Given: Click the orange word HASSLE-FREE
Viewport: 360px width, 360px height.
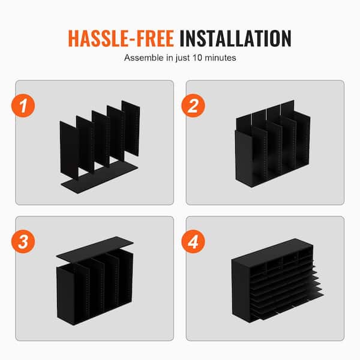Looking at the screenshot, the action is [x=121, y=38].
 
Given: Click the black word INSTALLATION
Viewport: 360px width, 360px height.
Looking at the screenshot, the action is [x=236, y=38].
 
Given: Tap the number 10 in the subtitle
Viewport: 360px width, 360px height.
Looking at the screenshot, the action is [x=197, y=58].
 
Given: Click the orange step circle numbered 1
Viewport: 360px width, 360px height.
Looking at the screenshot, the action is [x=23, y=106].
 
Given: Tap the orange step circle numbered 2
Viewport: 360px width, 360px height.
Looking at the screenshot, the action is [x=193, y=106].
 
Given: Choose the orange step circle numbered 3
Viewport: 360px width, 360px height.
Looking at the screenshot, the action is [x=23, y=242].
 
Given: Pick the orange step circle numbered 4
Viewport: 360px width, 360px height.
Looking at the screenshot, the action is [x=193, y=242].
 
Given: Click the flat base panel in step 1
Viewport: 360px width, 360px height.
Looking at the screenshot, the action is [x=100, y=176].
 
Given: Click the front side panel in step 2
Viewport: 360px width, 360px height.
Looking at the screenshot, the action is [x=244, y=158].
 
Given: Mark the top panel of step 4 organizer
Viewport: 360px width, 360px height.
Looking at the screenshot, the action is [x=272, y=250].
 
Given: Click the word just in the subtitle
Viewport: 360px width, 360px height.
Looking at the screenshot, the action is [x=183, y=58].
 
